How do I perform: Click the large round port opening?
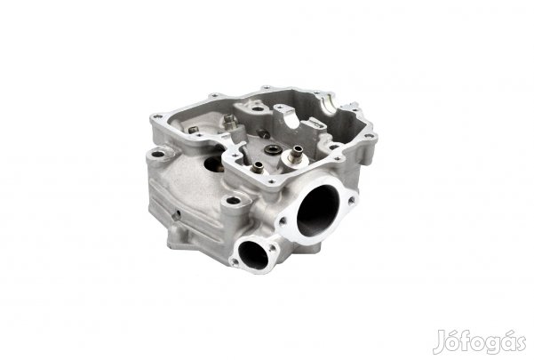point(318,212)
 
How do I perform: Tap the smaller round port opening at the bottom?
point(252,255)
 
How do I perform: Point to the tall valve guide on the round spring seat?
point(296,154)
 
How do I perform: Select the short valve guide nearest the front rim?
point(257,167)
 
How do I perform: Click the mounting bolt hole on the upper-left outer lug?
point(158,155)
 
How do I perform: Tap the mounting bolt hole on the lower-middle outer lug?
point(234,201)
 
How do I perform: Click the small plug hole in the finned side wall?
point(177,214)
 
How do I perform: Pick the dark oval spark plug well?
point(214,164)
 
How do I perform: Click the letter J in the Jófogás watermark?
point(440,342)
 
